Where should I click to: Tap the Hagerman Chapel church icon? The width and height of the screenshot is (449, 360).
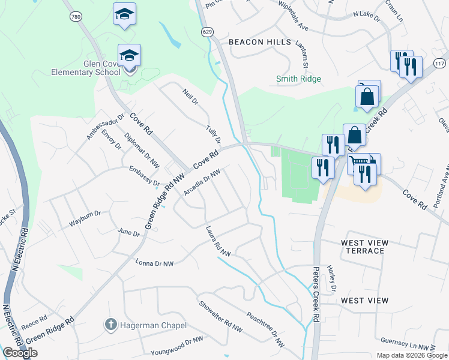click(110, 325)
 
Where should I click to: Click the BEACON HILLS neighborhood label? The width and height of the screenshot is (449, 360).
click(260, 42)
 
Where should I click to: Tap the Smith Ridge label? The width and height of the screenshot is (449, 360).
click(298, 79)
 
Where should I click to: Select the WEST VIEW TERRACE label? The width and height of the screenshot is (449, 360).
click(364, 247)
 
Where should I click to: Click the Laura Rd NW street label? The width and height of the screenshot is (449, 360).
click(218, 241)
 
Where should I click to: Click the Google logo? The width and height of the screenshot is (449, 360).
click(20, 353)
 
